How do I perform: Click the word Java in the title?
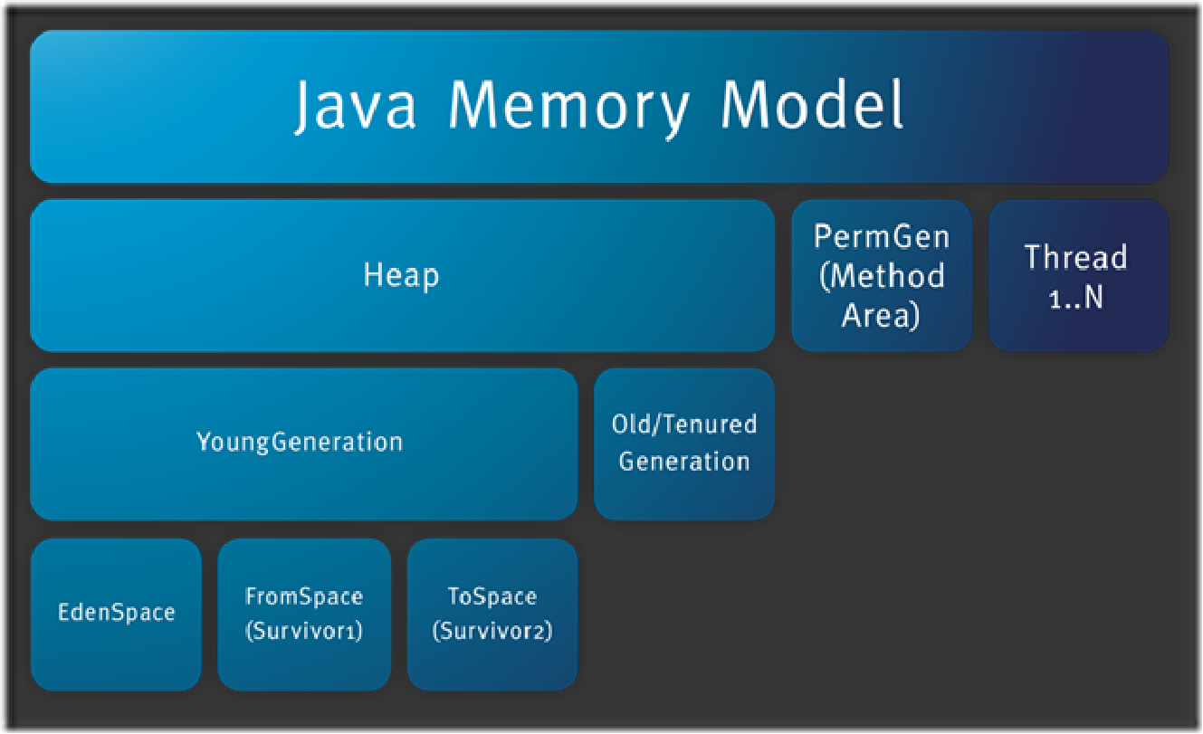(356, 106)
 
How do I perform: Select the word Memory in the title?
(568, 108)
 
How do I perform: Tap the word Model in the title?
(812, 104)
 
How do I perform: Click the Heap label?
(401, 276)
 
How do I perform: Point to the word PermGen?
(882, 237)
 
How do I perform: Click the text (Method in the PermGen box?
(882, 276)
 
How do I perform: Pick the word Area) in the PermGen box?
(881, 315)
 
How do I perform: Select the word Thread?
(1075, 257)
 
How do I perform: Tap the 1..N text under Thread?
(1075, 297)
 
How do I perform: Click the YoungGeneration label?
(300, 443)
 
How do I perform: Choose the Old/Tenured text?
(684, 424)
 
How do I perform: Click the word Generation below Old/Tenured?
(684, 462)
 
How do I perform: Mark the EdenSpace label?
(117, 613)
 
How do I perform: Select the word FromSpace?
(304, 596)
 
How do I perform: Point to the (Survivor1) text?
(304, 631)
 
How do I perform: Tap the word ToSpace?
(492, 596)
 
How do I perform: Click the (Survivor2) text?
(492, 631)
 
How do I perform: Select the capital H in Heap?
(373, 274)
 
